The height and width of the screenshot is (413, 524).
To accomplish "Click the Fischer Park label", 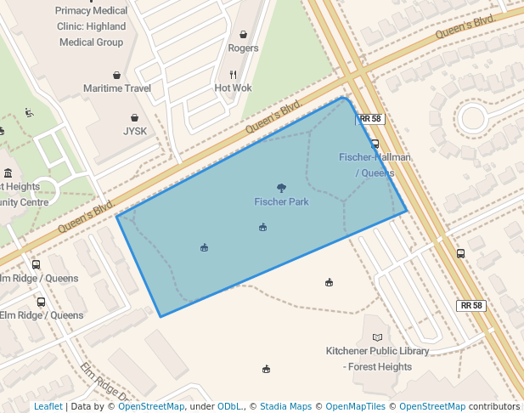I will coord(281,202).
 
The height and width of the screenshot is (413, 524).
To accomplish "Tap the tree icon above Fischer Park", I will coord(281,188).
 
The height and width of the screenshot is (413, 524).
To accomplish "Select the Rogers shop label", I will coord(243,48).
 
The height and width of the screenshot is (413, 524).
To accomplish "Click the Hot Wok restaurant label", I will coord(233,88).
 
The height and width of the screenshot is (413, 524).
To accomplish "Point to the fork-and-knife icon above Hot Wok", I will coord(233,75).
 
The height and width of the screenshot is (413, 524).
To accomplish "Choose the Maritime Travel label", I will coord(116,88).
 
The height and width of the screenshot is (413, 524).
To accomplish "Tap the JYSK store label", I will coord(135,132).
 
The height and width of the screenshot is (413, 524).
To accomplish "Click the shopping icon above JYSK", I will coord(135,118).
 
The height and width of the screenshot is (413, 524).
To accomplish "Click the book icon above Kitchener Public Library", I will coord(377,337).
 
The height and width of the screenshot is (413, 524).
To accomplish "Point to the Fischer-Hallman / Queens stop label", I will coord(375,165).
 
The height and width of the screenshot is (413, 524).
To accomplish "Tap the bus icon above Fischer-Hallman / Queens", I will coord(375,144).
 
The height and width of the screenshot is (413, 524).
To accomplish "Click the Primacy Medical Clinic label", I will coord(91,26).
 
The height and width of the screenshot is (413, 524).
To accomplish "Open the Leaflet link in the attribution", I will coord(48,406).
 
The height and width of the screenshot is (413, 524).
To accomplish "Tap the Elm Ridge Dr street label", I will coord(104,382).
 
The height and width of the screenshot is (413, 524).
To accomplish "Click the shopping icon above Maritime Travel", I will coord(116,75).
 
